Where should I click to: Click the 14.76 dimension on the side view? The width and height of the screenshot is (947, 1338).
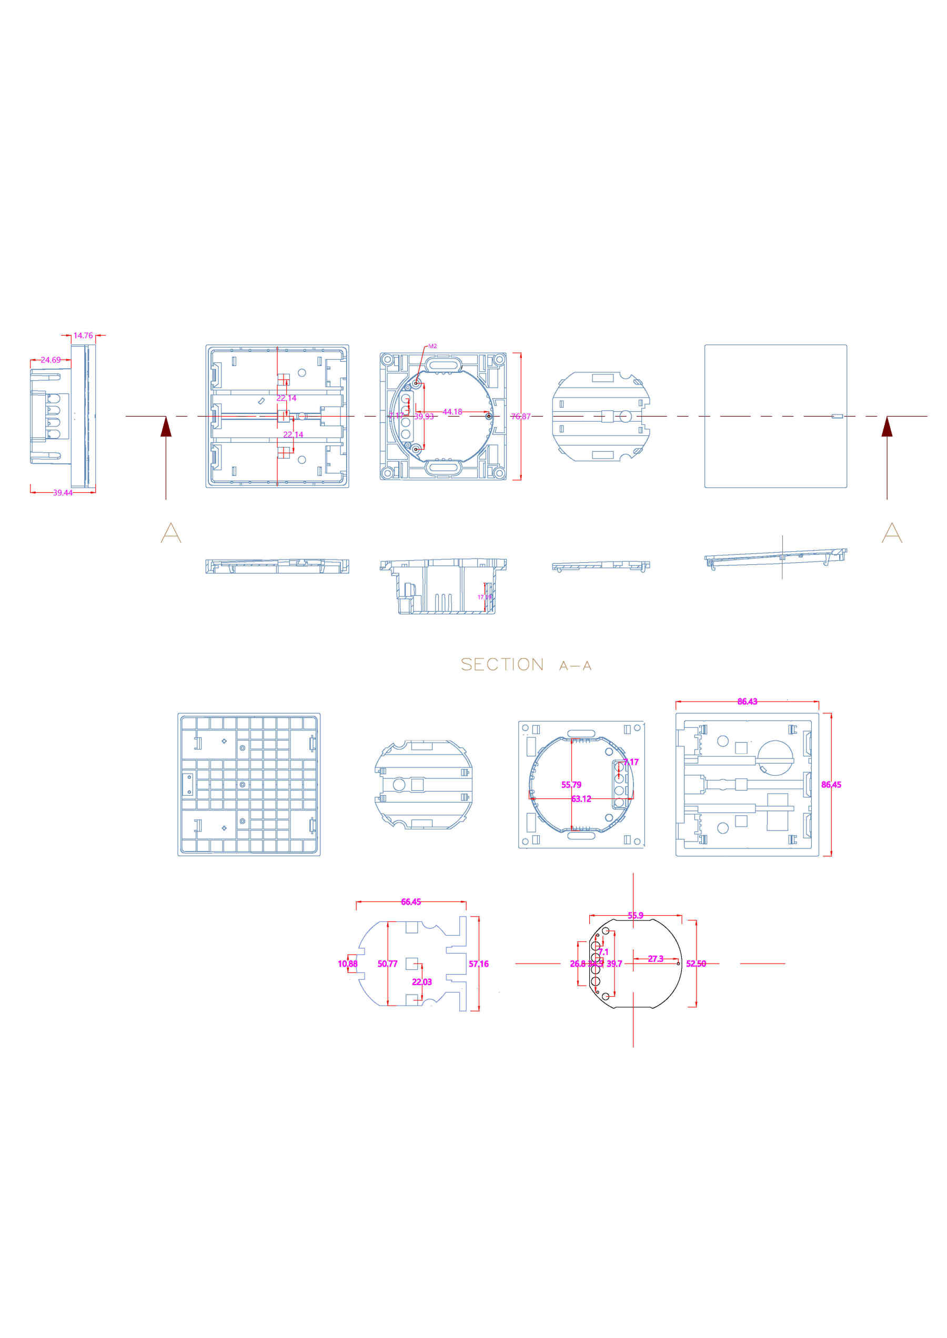coord(83,335)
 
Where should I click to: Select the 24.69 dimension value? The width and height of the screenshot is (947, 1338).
coord(50,360)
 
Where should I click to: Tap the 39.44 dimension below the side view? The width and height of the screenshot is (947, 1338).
coord(63,493)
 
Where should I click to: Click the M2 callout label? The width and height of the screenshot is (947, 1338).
coord(432,346)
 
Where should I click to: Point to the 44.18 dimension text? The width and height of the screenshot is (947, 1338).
coord(452,412)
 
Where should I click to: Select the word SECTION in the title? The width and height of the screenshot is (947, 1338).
coord(501,665)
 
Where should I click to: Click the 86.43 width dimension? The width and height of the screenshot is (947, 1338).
coord(747,702)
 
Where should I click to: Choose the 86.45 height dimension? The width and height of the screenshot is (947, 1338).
coord(831,785)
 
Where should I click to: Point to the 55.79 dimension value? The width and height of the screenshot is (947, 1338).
coord(571,785)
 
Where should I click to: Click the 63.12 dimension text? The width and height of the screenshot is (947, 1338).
coord(581,799)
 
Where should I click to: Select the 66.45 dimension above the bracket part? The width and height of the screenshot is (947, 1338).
coord(410,902)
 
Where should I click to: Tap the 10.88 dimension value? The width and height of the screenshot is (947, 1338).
coord(348,964)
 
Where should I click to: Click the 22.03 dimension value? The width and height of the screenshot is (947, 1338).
coord(421,982)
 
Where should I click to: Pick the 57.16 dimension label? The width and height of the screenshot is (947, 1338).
coord(478,964)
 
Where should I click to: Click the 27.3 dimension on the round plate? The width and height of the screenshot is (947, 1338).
coord(656,958)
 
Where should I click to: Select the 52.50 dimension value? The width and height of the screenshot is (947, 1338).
coord(696,964)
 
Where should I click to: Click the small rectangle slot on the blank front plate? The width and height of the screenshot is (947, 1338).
coord(837,416)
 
